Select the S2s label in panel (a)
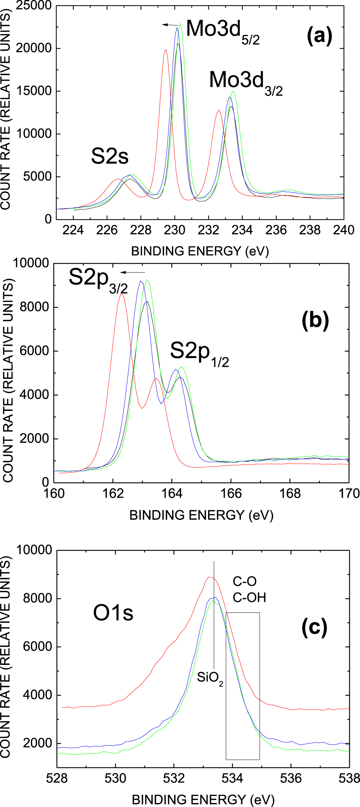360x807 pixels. coord(109,157)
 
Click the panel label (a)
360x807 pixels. coord(319,36)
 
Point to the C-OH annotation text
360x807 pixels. coord(249,598)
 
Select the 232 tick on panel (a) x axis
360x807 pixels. coord(208,230)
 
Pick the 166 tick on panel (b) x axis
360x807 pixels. coord(231,494)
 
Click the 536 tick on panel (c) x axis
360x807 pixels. coord(291,779)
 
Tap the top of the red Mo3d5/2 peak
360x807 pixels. coord(166,50)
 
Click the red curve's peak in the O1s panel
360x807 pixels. coord(209,577)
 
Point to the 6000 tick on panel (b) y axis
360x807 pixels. coord(34,351)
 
